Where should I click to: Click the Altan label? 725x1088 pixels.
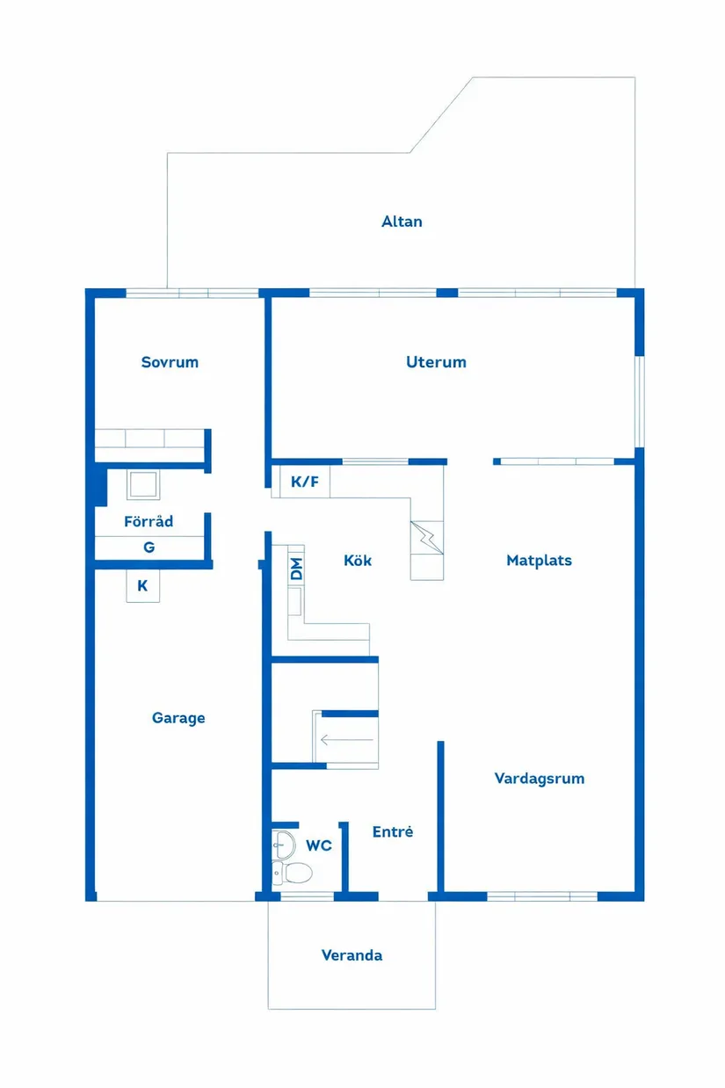(x=402, y=221)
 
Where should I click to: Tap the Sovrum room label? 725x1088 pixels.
(x=170, y=362)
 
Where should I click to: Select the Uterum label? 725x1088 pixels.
(x=436, y=362)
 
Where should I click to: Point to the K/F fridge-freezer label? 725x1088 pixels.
(x=305, y=482)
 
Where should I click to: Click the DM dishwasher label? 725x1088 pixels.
(x=296, y=569)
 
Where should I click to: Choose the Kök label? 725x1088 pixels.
(x=358, y=560)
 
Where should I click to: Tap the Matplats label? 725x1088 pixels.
(x=539, y=560)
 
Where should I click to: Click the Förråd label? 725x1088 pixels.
(x=149, y=521)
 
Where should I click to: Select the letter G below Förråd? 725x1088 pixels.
(x=149, y=548)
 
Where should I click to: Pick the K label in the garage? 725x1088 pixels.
(x=142, y=585)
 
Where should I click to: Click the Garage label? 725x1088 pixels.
(x=178, y=718)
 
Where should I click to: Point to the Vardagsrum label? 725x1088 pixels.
(x=539, y=779)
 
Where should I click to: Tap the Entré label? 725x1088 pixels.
(x=392, y=831)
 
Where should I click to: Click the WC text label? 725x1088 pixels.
(x=319, y=845)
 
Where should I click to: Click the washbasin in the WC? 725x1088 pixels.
(x=284, y=845)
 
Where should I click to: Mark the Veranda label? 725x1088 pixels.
(x=352, y=955)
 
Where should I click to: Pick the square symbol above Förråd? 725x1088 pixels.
(x=142, y=484)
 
